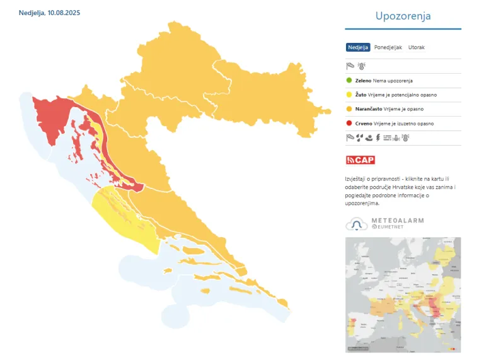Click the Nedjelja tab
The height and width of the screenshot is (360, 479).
point(358,47)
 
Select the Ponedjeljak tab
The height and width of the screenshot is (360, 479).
point(388,47)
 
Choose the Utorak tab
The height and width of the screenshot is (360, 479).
point(416,47)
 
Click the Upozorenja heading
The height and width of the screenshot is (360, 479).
point(403,16)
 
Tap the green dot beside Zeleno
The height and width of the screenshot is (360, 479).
point(350,81)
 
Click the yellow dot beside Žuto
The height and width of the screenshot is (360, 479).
point(350,95)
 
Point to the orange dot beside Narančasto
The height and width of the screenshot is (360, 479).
point(350,109)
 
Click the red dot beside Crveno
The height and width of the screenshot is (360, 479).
point(350,124)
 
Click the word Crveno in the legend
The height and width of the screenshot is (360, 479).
point(364,124)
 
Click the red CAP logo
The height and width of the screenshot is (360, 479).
point(361,160)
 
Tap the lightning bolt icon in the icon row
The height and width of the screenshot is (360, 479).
point(378,137)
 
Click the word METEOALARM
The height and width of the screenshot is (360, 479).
point(397,221)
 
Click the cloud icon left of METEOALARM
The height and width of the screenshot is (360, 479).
point(357,224)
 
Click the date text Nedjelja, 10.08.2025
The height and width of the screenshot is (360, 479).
point(50,13)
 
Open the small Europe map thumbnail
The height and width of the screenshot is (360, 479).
point(403,294)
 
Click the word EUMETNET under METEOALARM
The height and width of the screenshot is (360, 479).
point(394,227)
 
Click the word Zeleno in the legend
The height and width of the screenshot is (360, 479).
point(363,81)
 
